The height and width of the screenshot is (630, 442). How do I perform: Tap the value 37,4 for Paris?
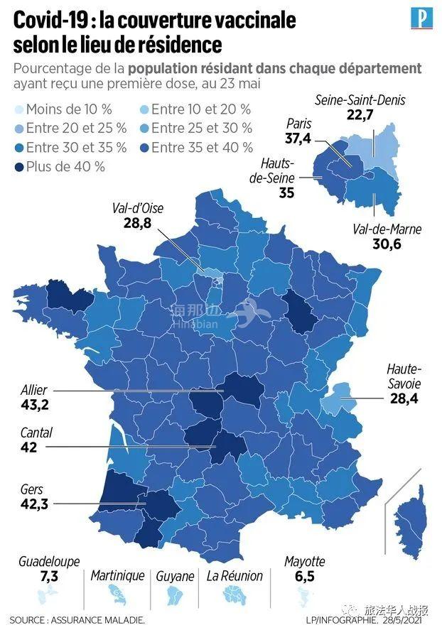pyautogui.click(x=297, y=139)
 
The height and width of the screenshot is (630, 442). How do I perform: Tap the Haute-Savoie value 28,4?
pyautogui.click(x=404, y=400)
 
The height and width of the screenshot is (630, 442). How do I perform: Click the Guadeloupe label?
pyautogui.click(x=50, y=561)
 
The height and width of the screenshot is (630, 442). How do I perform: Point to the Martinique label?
pyautogui.click(x=117, y=575)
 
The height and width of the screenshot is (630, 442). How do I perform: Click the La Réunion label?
pyautogui.click(x=235, y=575)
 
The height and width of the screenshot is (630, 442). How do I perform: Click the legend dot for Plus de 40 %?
pyautogui.click(x=18, y=167)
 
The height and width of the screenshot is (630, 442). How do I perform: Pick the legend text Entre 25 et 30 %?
pyautogui.click(x=202, y=129)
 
